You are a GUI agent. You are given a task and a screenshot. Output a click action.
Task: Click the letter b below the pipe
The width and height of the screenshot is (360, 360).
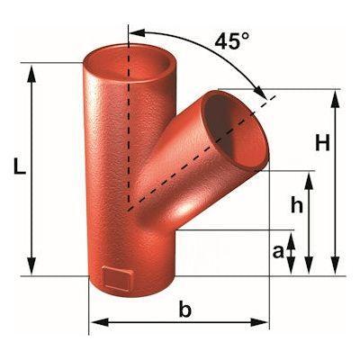point(185,310)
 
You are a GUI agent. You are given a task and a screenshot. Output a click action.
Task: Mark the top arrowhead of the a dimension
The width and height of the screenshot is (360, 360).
point(292,238)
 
